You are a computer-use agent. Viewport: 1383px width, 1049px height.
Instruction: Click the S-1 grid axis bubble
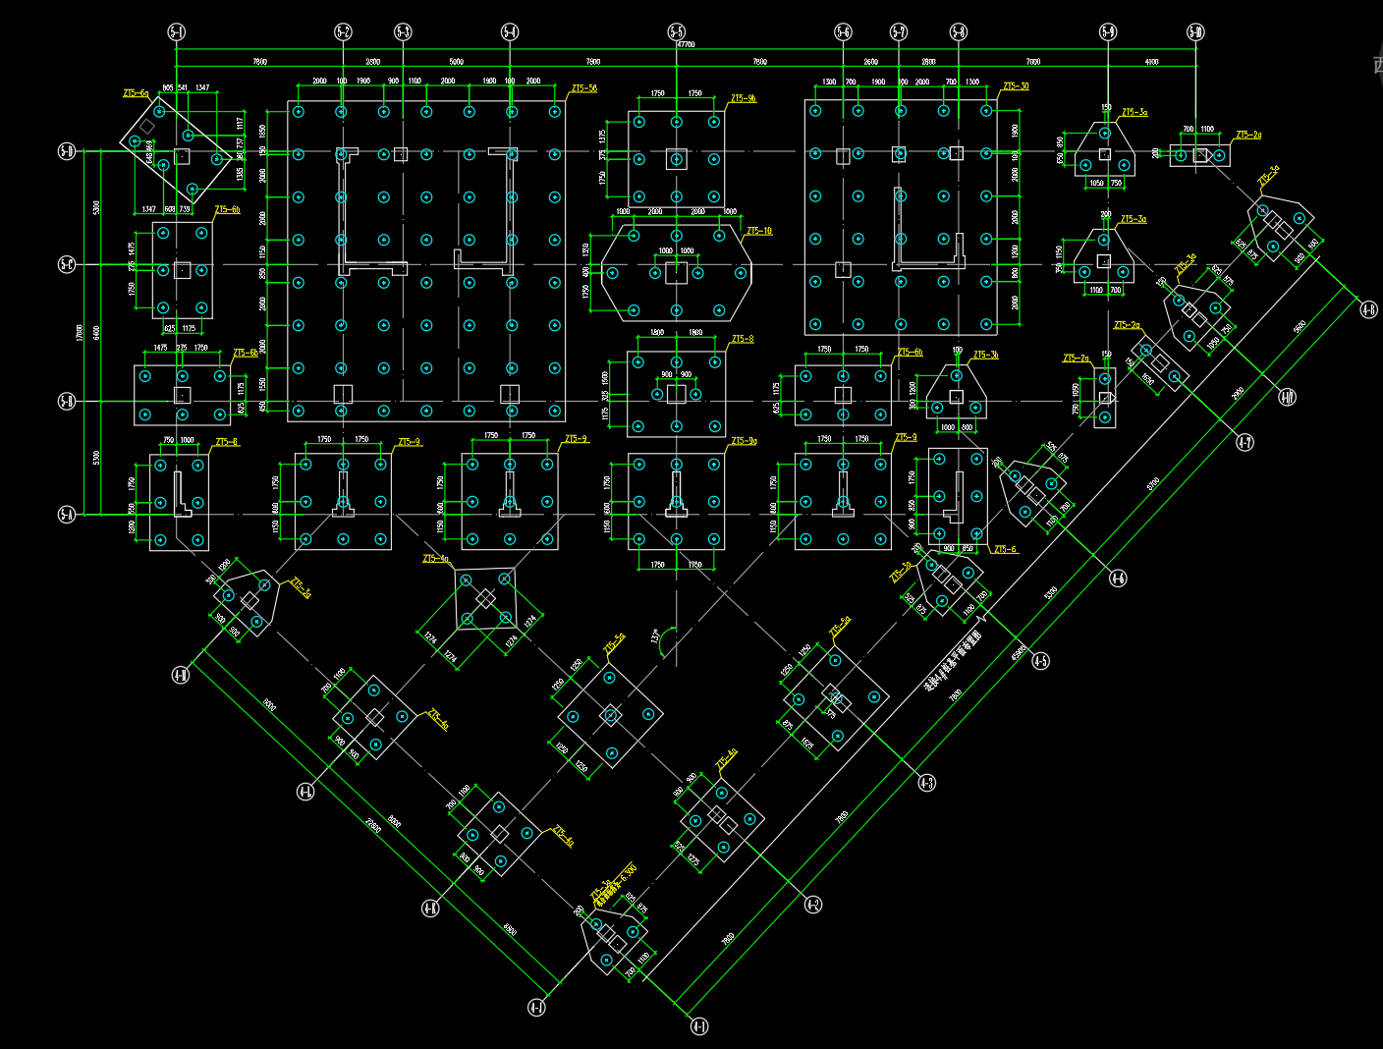click(177, 32)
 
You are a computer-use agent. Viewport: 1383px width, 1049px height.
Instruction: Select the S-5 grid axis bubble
click(677, 32)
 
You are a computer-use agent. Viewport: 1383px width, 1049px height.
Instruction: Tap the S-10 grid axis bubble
click(1195, 32)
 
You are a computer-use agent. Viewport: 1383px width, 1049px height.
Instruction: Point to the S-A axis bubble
click(67, 514)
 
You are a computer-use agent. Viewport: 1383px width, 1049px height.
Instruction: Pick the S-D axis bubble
click(67, 151)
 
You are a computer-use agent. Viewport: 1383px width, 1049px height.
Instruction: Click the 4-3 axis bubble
click(926, 783)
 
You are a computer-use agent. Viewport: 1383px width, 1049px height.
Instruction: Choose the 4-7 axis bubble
click(1245, 443)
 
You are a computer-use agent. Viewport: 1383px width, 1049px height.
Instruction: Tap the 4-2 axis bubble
click(812, 905)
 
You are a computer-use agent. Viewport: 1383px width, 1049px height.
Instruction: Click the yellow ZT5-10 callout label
click(759, 232)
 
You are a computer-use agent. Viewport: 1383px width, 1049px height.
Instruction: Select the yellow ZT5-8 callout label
click(743, 339)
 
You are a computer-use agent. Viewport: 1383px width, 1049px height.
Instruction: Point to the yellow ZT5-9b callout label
click(744, 98)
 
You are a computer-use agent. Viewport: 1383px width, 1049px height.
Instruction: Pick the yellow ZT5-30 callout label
click(1016, 86)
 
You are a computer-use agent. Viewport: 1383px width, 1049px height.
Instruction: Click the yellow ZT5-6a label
click(136, 93)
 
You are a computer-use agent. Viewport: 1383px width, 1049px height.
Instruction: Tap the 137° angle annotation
click(655, 636)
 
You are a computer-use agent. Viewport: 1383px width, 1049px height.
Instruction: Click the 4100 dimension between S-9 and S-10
click(1151, 62)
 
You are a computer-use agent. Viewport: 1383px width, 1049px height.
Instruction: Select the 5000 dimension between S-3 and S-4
click(456, 62)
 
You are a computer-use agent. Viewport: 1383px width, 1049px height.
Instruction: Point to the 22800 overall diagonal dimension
click(373, 825)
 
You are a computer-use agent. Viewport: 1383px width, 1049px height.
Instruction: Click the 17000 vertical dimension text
click(80, 333)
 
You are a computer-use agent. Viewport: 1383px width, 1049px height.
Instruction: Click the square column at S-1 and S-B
click(182, 395)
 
